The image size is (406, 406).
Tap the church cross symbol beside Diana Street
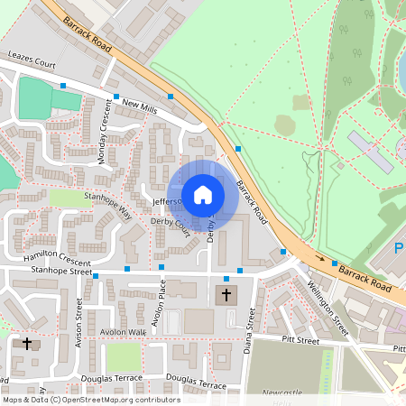[226, 294]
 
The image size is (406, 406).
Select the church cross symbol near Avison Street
[27, 344]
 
